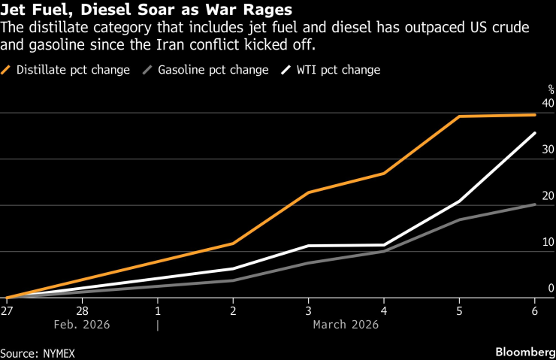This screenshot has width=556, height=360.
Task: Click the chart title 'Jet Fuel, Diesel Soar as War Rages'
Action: click(x=147, y=11)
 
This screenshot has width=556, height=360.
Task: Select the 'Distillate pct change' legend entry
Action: click(x=74, y=70)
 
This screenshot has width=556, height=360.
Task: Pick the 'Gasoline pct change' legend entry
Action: click(x=213, y=70)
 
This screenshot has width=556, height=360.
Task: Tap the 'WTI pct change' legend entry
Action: click(x=337, y=70)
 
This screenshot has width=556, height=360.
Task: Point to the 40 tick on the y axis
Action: click(x=548, y=103)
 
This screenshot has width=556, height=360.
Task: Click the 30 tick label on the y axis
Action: click(x=548, y=150)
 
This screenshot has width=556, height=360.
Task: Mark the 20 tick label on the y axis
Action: click(x=548, y=196)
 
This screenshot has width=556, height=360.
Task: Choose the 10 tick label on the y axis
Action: click(x=548, y=242)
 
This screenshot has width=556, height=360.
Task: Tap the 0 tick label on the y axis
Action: click(x=551, y=289)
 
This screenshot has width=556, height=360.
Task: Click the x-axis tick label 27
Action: click(x=7, y=310)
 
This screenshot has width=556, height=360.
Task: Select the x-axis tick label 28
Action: click(x=82, y=310)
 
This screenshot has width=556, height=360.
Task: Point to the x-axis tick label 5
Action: click(x=460, y=310)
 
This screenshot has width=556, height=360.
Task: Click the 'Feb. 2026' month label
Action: click(x=82, y=325)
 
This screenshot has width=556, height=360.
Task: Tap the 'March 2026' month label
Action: click(x=346, y=325)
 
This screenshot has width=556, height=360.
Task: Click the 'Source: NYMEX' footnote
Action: click(x=38, y=352)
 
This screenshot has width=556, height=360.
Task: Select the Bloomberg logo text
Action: click(x=524, y=352)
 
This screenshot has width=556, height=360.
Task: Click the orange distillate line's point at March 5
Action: click(x=460, y=116)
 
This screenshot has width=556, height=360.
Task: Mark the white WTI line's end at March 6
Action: click(x=535, y=133)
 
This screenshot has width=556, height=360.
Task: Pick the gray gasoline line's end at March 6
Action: click(x=535, y=204)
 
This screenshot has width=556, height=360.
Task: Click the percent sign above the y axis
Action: click(x=550, y=89)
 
